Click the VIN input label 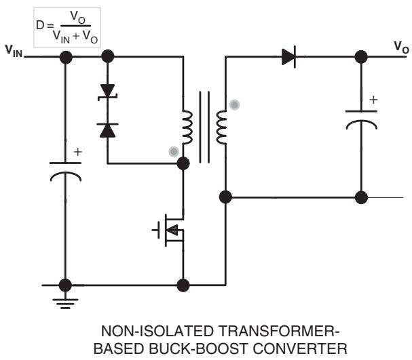(x=14, y=51)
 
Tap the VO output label (x=401, y=47)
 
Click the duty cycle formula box (x=67, y=28)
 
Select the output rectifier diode (x=288, y=57)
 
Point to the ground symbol (x=65, y=304)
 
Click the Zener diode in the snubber (x=107, y=92)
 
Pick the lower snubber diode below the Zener (x=107, y=130)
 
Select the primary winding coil (x=187, y=127)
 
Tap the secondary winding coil (x=221, y=127)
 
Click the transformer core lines (x=204, y=127)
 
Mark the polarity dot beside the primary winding (x=174, y=151)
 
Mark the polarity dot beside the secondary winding (x=235, y=104)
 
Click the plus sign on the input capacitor (x=78, y=152)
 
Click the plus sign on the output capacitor (x=373, y=100)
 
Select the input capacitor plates (x=65, y=172)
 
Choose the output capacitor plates (x=361, y=120)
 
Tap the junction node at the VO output (x=361, y=57)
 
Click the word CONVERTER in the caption (x=300, y=348)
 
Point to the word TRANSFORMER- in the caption (x=279, y=331)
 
